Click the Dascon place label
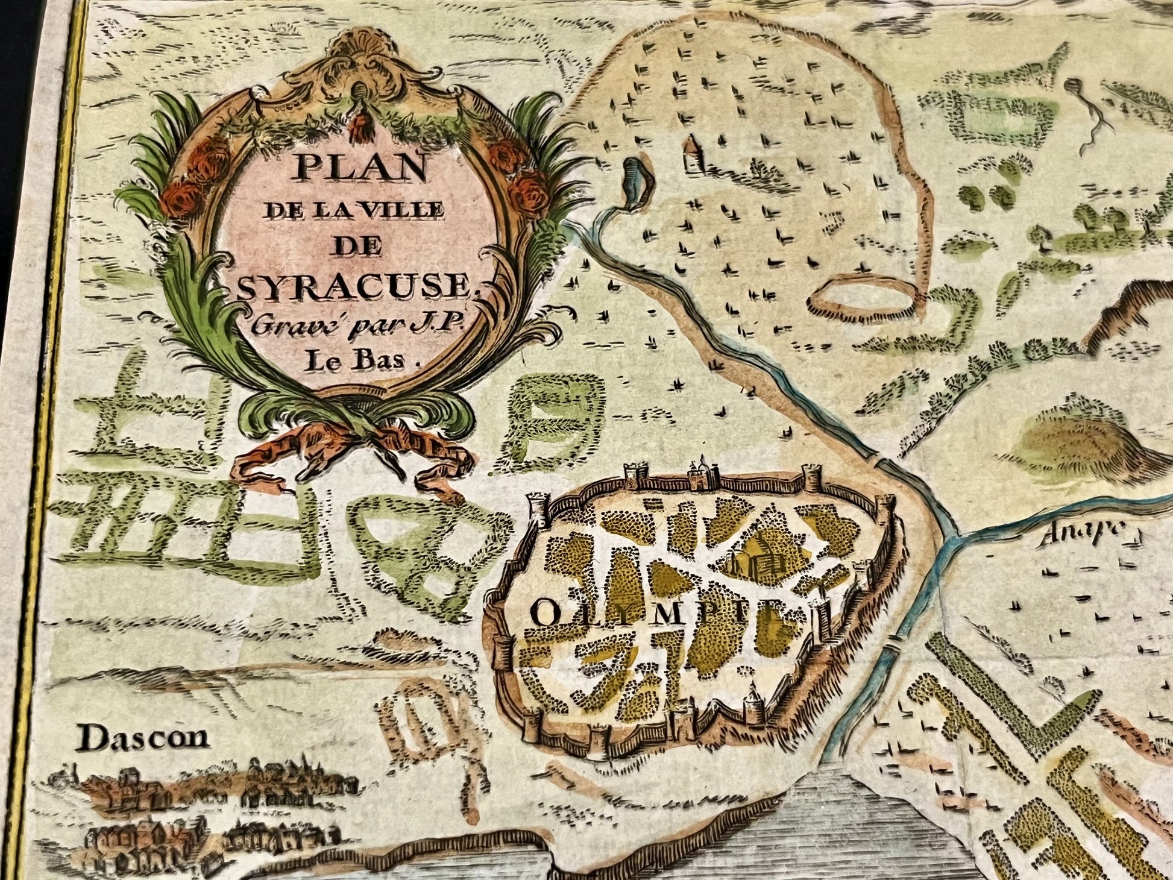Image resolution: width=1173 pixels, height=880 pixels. [143, 738]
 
